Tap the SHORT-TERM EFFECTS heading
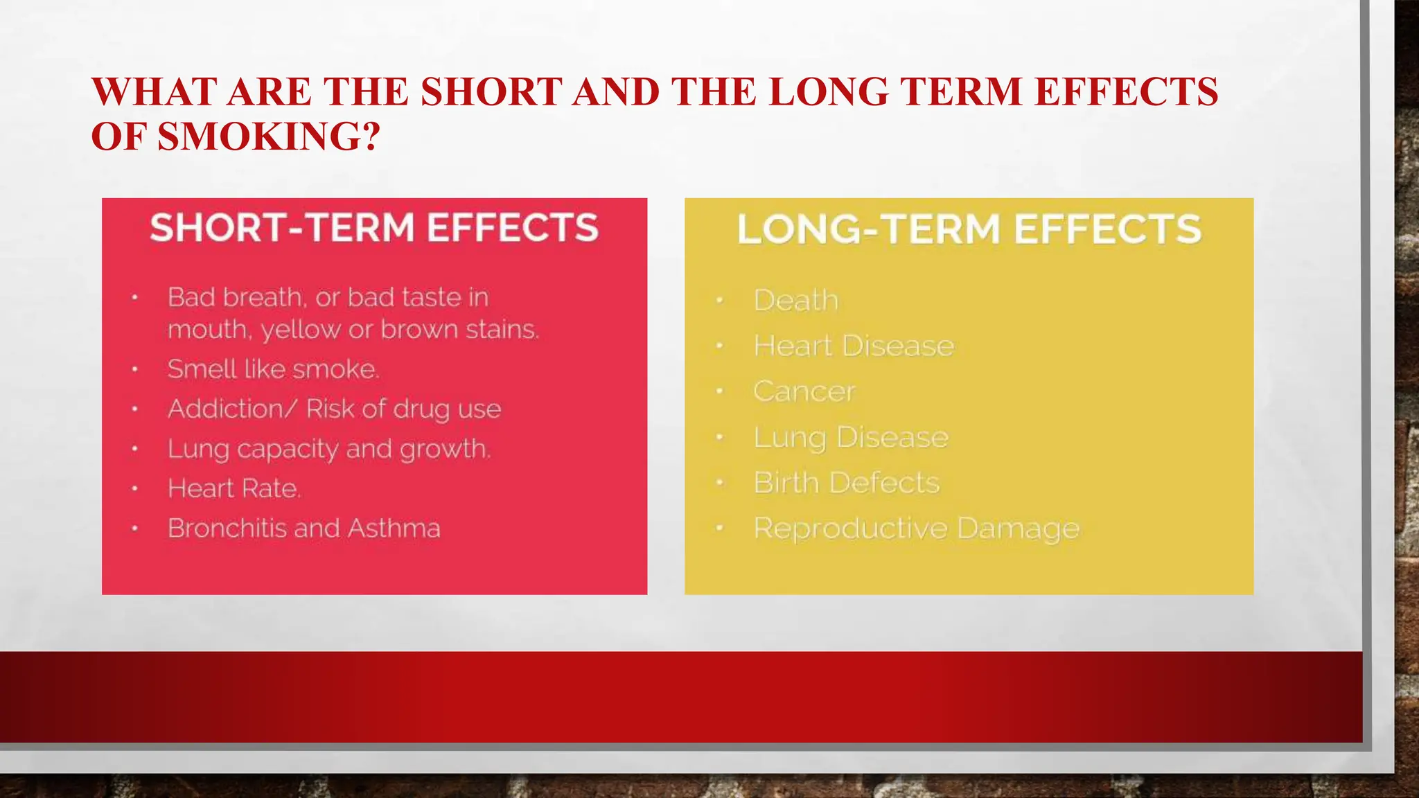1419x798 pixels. coord(374,228)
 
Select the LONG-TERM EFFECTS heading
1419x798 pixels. coord(969,229)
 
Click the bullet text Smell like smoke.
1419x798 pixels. coord(273,369)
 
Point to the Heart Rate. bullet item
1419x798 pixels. coord(234,488)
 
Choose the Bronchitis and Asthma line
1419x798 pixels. coord(303,529)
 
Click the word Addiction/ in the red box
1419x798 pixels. coord(226,409)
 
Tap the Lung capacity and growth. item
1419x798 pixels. coord(328,449)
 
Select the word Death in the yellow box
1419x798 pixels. coord(796,301)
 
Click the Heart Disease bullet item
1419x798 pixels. coord(854,346)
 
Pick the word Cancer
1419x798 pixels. coord(804,391)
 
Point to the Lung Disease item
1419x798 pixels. coord(851,437)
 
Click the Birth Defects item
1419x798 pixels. coord(846,483)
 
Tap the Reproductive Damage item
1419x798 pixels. coord(916,529)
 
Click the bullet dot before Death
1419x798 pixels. coord(720,301)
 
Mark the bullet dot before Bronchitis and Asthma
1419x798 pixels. coord(135,529)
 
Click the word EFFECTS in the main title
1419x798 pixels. coord(1125,92)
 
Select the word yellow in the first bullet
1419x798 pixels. coord(300,330)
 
